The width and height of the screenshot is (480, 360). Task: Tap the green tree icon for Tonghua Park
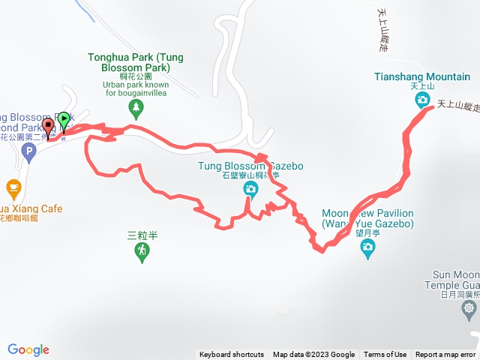tap(136, 110)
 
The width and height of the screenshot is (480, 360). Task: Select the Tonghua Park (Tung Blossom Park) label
tap(135, 62)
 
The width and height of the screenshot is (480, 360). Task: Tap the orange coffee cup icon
tap(13, 187)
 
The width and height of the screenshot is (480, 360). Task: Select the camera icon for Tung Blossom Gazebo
tap(250, 190)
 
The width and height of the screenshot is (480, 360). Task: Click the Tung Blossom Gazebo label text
tap(250, 166)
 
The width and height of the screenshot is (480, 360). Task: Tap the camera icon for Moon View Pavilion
tap(367, 248)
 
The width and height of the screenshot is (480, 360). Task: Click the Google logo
tap(28, 349)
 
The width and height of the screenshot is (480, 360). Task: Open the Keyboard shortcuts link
tap(231, 355)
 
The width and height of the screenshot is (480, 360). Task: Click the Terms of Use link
tap(385, 355)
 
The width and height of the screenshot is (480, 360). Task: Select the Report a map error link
tap(445, 355)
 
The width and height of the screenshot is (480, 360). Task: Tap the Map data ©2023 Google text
tap(313, 355)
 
